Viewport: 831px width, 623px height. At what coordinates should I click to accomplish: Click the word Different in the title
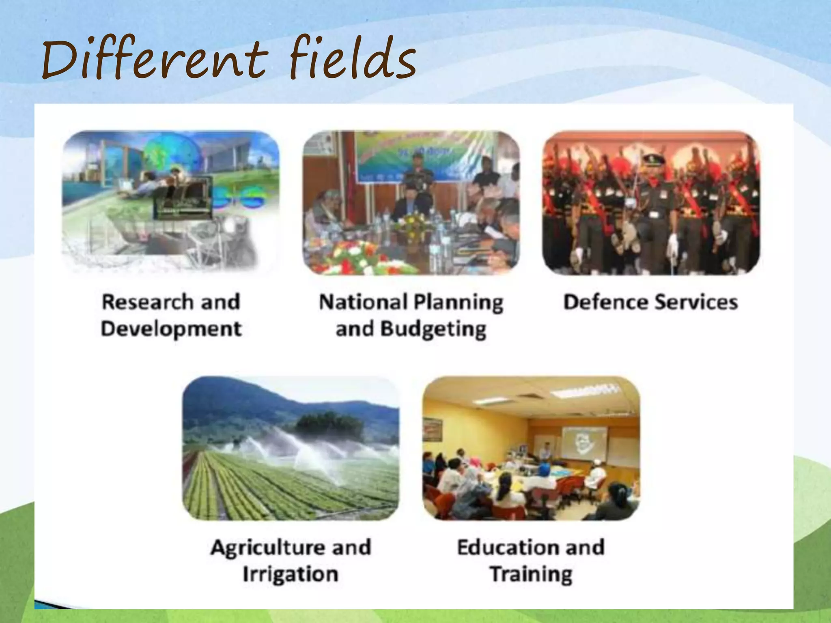click(154, 59)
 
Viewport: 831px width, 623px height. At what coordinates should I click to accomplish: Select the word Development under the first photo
click(171, 329)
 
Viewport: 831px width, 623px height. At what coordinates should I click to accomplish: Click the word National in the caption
click(363, 302)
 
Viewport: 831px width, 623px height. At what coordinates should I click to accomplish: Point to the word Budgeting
click(433, 330)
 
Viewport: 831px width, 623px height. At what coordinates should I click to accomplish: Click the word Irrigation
click(290, 574)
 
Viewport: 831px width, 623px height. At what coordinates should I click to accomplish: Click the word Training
click(531, 574)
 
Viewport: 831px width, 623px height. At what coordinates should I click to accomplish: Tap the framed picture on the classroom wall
click(433, 430)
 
